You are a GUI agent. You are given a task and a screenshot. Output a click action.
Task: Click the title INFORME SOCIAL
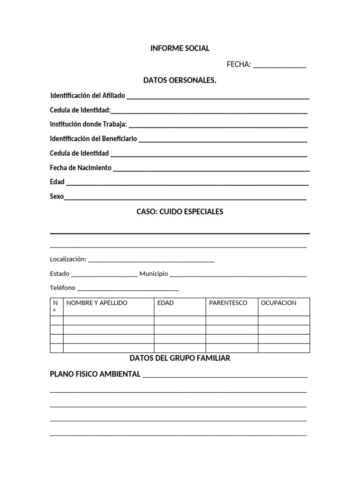point(180,48)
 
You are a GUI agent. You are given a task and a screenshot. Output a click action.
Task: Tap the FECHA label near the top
point(239,65)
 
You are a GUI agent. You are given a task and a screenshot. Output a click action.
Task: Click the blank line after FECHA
point(279,66)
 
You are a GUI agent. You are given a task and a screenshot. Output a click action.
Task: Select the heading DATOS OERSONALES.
point(180,81)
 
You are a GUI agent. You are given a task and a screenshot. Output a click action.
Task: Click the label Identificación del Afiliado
point(88,96)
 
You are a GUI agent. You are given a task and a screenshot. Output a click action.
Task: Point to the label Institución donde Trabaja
point(89,124)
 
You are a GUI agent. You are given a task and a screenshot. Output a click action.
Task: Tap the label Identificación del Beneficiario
point(94,139)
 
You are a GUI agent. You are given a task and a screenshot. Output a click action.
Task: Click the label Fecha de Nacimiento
point(81,167)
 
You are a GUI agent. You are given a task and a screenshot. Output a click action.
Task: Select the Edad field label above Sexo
point(57,182)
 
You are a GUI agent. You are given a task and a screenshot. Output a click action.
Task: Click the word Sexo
point(57,196)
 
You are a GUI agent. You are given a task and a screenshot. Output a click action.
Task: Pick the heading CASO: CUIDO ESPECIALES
point(180,212)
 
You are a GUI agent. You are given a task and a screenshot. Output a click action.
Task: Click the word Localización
point(68,259)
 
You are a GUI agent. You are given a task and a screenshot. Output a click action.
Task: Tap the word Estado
point(60,274)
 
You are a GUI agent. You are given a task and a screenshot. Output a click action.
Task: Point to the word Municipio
point(153,274)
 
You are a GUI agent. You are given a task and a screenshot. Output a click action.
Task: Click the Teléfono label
point(62,288)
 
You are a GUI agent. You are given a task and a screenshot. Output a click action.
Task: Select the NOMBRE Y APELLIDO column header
point(97,303)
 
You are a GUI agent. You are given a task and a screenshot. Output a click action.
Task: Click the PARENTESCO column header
point(228,303)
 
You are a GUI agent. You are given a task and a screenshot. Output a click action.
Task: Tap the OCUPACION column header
point(278,303)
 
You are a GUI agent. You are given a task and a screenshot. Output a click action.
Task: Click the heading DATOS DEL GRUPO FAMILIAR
point(180,359)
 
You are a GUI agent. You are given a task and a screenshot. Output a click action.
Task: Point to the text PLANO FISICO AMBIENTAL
point(95,374)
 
